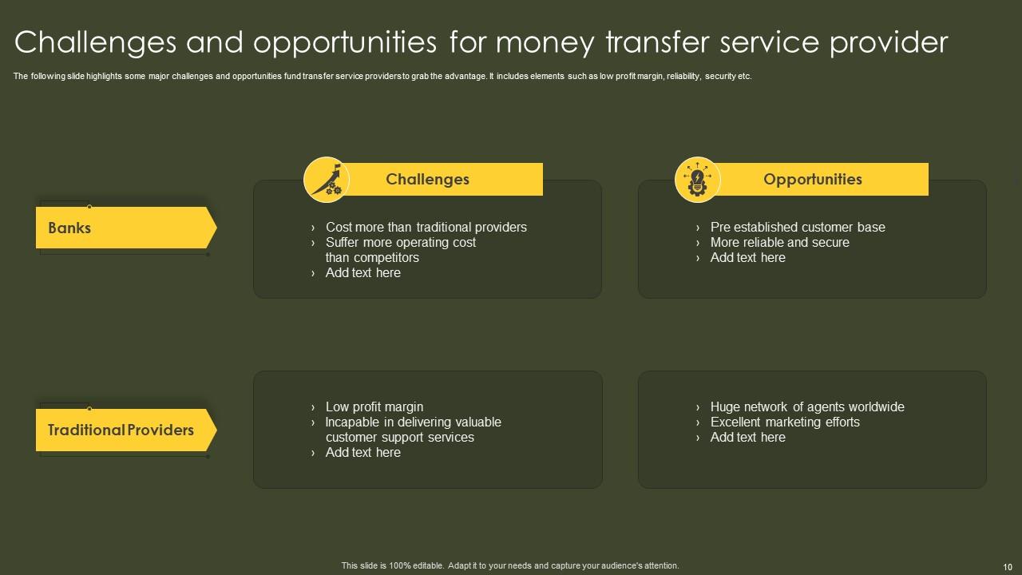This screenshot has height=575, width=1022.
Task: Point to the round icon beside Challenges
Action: pos(327,180)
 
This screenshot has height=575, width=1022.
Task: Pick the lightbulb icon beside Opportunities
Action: pos(698,180)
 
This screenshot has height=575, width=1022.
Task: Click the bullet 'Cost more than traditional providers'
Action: pos(426,227)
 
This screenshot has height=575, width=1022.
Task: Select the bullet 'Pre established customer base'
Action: pos(797,227)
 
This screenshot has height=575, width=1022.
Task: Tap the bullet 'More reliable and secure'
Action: pos(779,242)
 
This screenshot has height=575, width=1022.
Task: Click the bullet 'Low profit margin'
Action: pos(374,406)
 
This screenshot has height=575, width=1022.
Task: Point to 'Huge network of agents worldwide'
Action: pos(806,406)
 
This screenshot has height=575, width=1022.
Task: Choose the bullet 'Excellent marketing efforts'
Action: pos(784,422)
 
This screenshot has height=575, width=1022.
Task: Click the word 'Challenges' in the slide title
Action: pos(95,42)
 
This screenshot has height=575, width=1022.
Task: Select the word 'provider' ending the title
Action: pos(889,42)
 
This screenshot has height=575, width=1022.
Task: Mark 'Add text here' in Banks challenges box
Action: pos(362,272)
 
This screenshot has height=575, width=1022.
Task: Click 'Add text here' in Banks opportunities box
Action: pos(747,257)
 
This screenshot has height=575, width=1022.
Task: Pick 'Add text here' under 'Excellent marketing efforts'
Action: pos(747,437)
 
